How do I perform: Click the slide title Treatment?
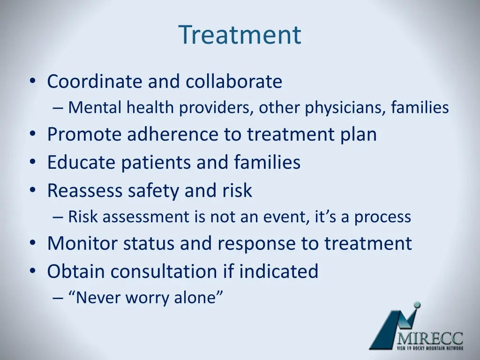point(240,35)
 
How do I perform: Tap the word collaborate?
point(234,82)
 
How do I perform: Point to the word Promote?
point(84,135)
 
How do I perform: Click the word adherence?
point(173,134)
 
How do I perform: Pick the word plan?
point(359,135)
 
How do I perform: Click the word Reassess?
point(84,190)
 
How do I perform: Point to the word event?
point(287,217)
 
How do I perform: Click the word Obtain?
point(75,271)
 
